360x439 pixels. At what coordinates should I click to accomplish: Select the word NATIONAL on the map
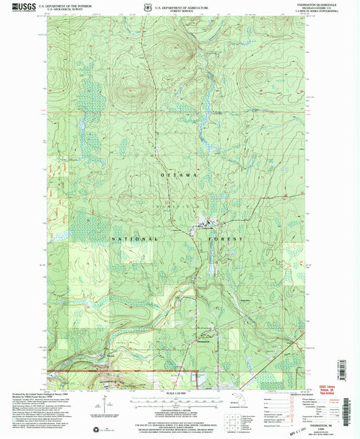(x=135, y=240)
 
